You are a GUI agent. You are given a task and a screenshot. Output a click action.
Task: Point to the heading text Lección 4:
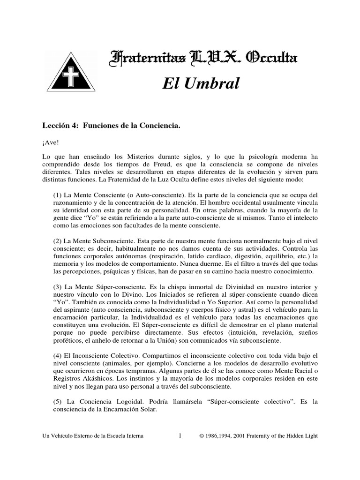[61, 126]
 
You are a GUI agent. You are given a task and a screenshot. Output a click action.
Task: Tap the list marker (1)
[60, 194]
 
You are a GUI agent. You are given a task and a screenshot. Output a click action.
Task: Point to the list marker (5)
[60, 402]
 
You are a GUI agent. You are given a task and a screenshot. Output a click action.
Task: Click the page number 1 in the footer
[180, 435]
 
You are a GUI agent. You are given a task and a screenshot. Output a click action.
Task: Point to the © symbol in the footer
[202, 436]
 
